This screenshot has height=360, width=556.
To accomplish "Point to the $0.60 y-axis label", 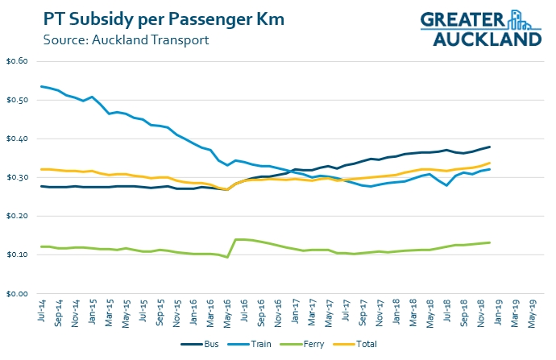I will tap(17, 62).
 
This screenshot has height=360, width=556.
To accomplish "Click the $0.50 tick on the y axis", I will tap(17, 101).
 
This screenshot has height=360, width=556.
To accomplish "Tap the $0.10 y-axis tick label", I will tap(17, 255).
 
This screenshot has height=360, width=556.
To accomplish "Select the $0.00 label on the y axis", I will tap(17, 294).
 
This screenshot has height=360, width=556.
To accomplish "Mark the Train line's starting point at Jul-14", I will tap(41, 86).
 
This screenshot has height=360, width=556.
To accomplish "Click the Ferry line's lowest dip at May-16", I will tap(226, 257).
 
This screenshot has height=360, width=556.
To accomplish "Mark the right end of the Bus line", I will tap(491, 147).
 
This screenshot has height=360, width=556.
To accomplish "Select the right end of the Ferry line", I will tap(491, 242).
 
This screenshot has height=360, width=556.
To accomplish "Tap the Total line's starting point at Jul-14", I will tap(41, 169).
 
